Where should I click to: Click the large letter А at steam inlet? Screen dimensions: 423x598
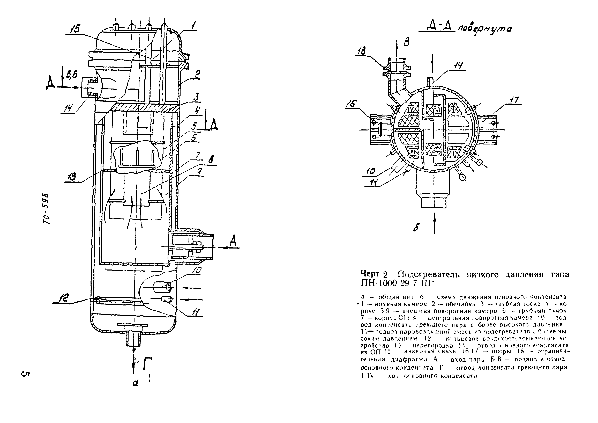point(233,241)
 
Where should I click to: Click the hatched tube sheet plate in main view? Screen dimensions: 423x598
point(146,108)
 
